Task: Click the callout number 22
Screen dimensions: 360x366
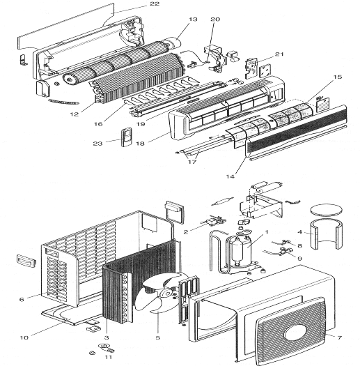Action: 155,3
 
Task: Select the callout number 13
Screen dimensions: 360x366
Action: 193,19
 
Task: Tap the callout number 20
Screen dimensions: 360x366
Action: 215,19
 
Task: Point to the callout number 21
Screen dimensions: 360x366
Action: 279,54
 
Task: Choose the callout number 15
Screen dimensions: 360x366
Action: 338,77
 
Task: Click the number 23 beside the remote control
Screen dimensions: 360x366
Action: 97,144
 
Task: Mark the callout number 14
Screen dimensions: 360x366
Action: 230,176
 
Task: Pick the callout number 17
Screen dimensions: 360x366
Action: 192,162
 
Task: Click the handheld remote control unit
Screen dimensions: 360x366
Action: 127,137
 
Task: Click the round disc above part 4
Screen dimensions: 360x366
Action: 326,209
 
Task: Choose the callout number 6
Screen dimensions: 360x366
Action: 22,299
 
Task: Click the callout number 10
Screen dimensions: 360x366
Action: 24,337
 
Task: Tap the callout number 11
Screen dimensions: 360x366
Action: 109,357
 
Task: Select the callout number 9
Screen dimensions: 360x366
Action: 300,259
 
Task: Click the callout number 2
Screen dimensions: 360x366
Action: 186,231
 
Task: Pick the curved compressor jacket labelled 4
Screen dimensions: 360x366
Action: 326,234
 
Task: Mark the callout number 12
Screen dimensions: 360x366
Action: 75,114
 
